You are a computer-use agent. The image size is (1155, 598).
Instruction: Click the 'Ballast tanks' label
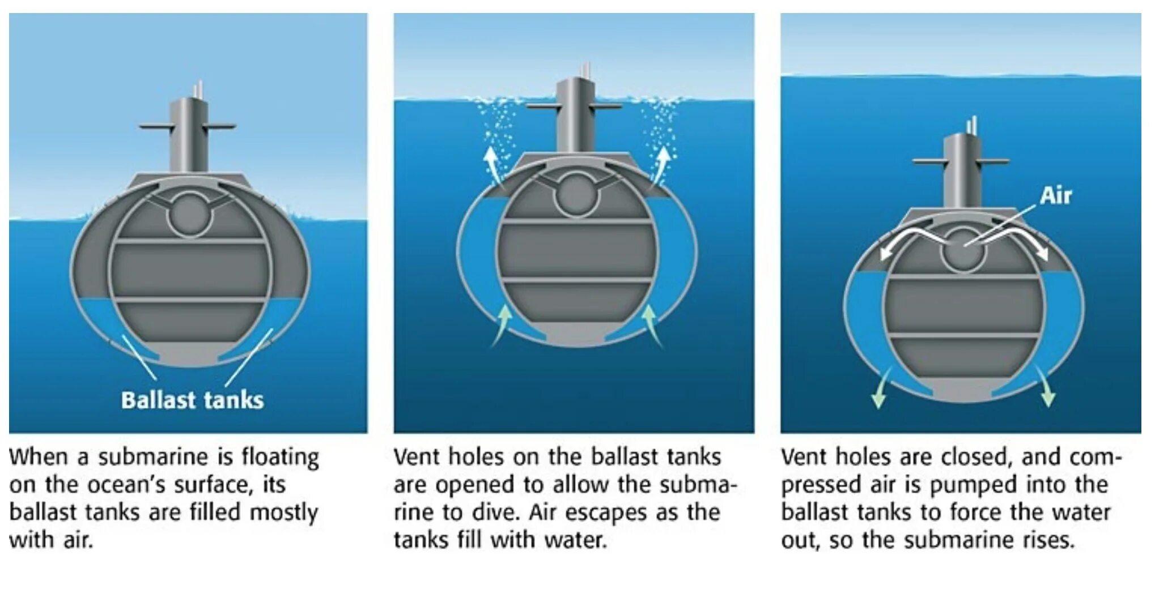click(x=192, y=400)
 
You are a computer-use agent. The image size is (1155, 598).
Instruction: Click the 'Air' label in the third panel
click(x=1056, y=196)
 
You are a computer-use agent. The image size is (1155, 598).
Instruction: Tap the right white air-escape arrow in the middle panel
click(x=659, y=166)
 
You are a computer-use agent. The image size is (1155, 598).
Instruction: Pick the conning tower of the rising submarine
click(x=961, y=173)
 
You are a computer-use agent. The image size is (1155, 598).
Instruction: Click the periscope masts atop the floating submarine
click(x=197, y=89)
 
